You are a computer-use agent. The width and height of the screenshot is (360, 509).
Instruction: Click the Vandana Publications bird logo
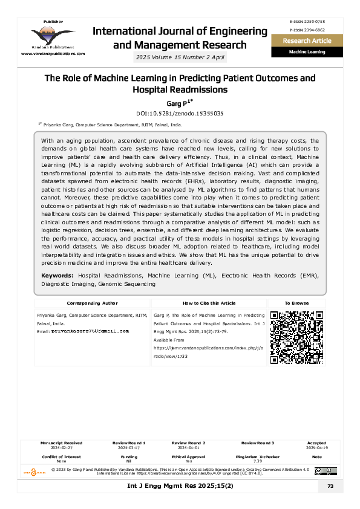point(53,36)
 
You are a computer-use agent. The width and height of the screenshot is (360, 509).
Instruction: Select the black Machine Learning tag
point(307,52)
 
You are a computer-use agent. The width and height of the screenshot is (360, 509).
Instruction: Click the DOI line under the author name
point(180,113)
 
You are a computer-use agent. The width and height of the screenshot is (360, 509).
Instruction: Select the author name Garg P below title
point(180,103)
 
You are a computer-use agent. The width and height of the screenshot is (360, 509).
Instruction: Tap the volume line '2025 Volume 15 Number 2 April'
point(181,57)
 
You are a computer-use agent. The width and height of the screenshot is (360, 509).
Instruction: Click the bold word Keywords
point(57,276)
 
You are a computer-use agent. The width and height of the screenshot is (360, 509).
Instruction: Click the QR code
point(296,337)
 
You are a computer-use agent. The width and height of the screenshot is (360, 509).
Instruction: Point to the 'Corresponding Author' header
point(92,303)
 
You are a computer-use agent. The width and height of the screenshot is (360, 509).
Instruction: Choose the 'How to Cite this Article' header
point(209,303)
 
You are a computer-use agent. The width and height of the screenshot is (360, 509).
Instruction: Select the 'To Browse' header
point(296,303)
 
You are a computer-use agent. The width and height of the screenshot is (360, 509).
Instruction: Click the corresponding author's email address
point(91,331)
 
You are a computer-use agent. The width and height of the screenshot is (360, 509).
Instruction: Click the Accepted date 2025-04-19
point(316,447)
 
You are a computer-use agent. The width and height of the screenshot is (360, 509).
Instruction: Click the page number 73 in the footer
point(330,487)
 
